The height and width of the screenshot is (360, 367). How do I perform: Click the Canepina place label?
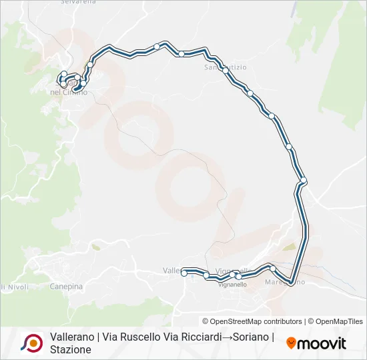click(66, 287)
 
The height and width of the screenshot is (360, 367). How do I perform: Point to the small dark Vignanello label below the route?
click(232, 285)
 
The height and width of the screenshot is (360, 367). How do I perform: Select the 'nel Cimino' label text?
click(65, 92)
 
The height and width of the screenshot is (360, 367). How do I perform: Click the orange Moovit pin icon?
click(291, 343)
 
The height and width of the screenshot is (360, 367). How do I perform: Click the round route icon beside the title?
click(31, 343)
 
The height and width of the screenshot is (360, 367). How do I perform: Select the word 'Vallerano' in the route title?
click(73, 337)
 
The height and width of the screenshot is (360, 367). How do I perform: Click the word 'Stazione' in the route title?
click(71, 349)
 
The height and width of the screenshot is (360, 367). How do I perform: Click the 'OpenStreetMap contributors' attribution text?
click(256, 321)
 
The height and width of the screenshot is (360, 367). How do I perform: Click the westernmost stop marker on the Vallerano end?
click(185, 271)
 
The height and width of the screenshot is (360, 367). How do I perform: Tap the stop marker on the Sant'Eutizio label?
click(226, 70)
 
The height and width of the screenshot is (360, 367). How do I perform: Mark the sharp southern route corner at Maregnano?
click(292, 281)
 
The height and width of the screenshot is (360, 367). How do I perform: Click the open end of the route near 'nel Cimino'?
click(76, 88)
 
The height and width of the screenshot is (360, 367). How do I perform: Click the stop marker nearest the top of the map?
click(156, 46)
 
